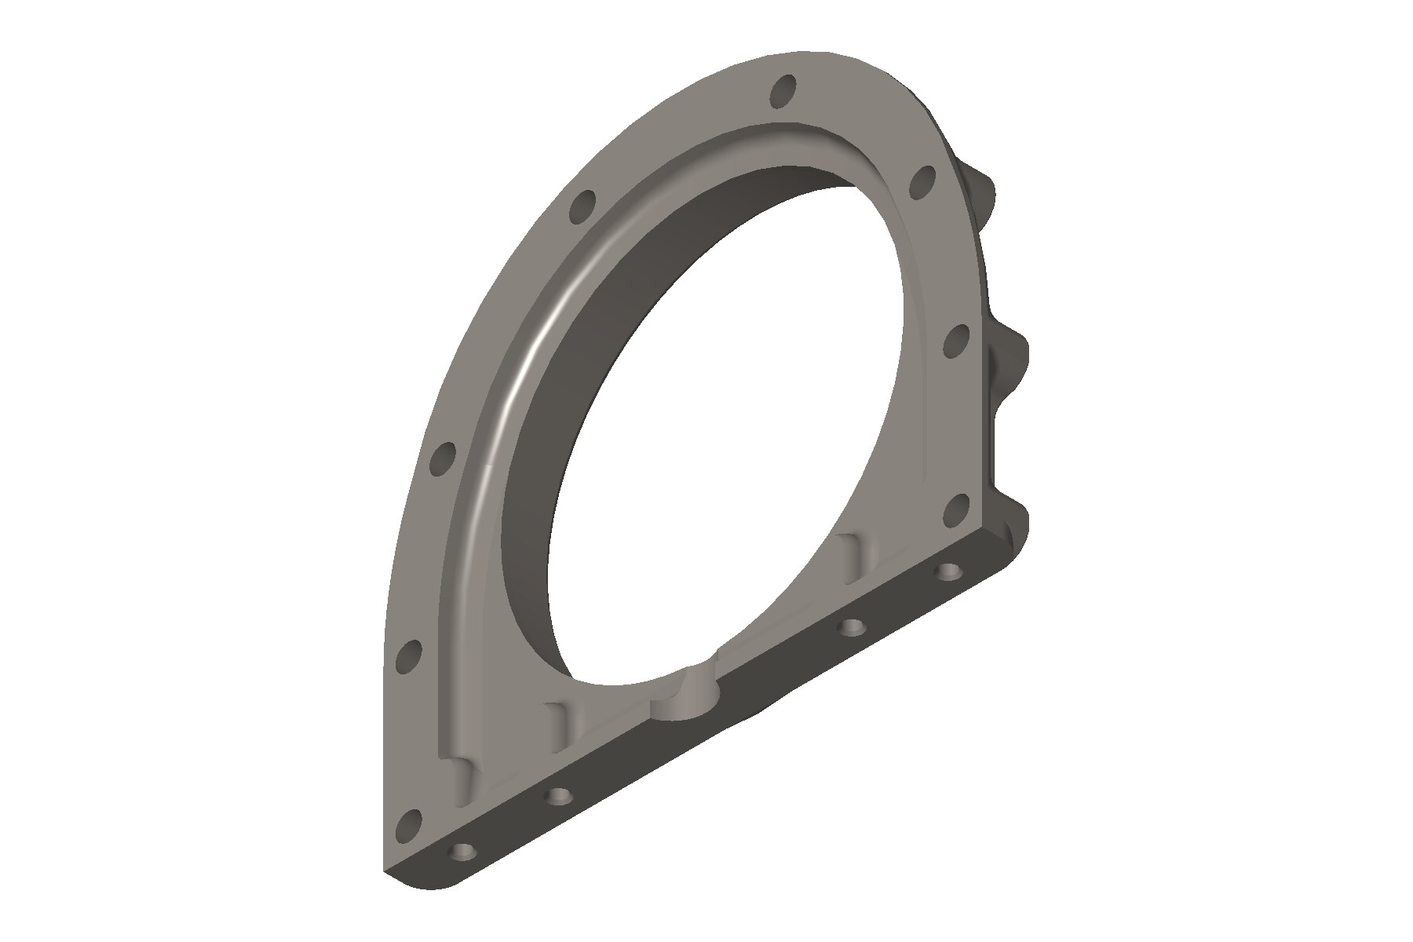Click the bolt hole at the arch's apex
pos(783,91)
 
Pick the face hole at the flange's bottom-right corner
pos(955,510)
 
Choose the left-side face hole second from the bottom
pos(409,656)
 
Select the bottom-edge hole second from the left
pos(558,796)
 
